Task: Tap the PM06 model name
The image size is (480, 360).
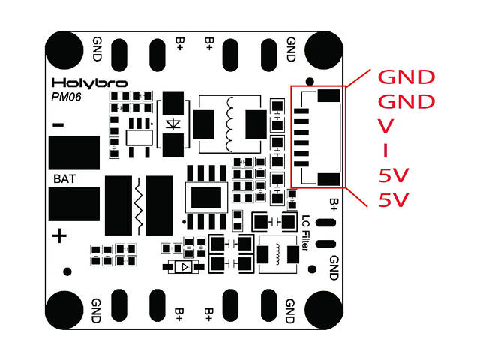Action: click(x=67, y=97)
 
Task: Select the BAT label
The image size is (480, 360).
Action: click(x=63, y=180)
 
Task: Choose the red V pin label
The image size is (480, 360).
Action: click(x=385, y=125)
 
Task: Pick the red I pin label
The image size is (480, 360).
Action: click(x=385, y=151)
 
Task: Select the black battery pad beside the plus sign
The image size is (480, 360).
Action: click(x=74, y=205)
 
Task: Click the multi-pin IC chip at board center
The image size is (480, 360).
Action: click(x=205, y=197)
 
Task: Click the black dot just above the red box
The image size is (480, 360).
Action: click(x=309, y=80)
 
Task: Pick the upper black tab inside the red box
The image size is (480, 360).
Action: click(x=330, y=96)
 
